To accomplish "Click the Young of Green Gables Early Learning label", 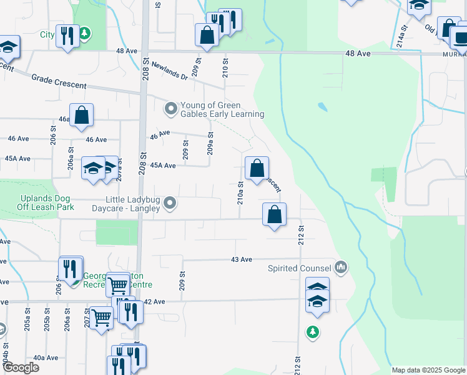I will (222, 109).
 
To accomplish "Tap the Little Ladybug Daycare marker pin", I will (169, 204).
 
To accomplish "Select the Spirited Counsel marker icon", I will (340, 267).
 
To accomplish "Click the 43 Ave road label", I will (241, 259).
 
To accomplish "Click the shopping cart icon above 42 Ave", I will (117, 286).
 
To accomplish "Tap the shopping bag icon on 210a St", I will (257, 168).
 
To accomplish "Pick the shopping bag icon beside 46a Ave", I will (82, 115).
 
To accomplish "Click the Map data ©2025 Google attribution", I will (428, 370).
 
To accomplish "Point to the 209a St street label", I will (211, 144).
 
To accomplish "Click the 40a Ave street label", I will (46, 357).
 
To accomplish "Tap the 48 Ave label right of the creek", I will (358, 54).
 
